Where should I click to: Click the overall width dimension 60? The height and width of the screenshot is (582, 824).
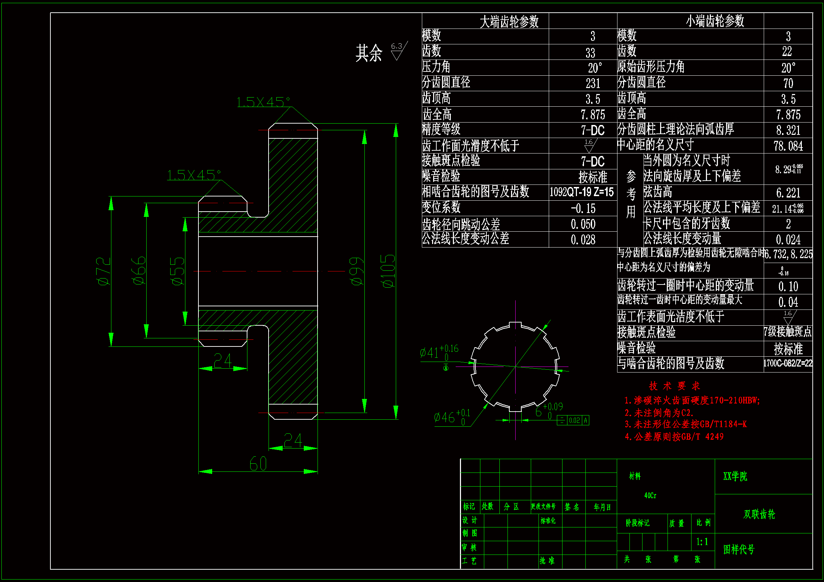point(258,464)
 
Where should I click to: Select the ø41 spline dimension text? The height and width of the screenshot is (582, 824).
point(438,352)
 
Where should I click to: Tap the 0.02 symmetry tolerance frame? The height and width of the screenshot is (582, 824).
point(573,420)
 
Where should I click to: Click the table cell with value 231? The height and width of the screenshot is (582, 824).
point(592,83)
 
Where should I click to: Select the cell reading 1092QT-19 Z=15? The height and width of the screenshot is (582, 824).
point(582,192)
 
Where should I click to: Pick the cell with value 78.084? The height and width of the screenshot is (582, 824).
point(788,146)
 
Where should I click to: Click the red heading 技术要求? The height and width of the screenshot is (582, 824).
point(674,386)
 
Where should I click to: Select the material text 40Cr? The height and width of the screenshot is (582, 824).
point(650,495)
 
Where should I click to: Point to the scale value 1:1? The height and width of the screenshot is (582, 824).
point(702,542)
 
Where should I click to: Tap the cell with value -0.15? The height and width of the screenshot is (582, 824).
point(583,208)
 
